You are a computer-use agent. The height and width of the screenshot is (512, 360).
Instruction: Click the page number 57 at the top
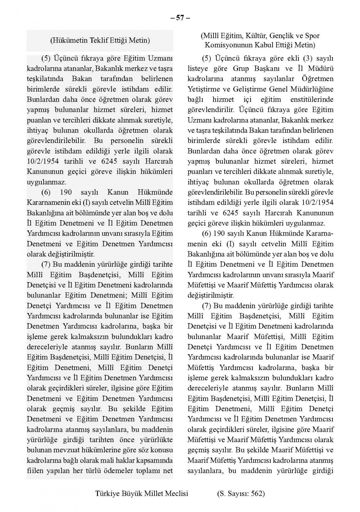(x=180, y=18)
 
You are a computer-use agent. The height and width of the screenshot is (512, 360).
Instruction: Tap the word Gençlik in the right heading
(x=280, y=36)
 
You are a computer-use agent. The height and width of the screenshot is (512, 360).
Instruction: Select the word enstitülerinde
(x=312, y=99)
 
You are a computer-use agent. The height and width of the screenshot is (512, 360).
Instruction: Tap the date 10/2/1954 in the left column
(x=43, y=161)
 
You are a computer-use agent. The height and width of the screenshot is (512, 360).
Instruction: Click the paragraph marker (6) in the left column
(x=46, y=192)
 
